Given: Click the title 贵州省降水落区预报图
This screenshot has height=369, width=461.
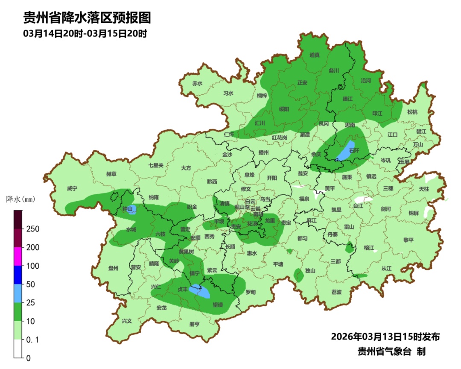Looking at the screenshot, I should click(x=87, y=18).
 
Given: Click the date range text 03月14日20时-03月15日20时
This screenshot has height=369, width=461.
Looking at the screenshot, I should click(x=85, y=34).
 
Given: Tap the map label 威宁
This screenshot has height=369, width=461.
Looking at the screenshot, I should click(x=72, y=188).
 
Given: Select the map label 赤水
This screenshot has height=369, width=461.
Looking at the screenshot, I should click(x=197, y=83).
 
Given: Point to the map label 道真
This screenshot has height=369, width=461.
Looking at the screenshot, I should click(x=315, y=55).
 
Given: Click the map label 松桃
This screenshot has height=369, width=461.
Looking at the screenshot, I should click(x=412, y=112).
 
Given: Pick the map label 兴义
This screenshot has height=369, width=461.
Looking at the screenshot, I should click(x=127, y=321).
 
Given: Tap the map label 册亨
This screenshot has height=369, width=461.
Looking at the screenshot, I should click(x=194, y=324).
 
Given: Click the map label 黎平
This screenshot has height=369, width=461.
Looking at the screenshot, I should click(x=408, y=240).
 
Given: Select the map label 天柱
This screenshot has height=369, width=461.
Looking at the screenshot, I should click(x=424, y=189).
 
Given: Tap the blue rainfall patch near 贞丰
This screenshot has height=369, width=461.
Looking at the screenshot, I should click(x=201, y=291).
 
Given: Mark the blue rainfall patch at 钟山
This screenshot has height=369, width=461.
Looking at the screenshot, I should click(x=132, y=209).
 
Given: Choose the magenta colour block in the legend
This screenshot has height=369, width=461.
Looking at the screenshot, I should click(x=18, y=256).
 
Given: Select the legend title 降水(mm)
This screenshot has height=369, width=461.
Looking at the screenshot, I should click(x=20, y=199).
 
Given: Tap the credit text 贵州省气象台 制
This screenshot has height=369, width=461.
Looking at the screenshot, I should click(x=391, y=351).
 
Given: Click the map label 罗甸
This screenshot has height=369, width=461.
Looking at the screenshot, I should click(x=251, y=293).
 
